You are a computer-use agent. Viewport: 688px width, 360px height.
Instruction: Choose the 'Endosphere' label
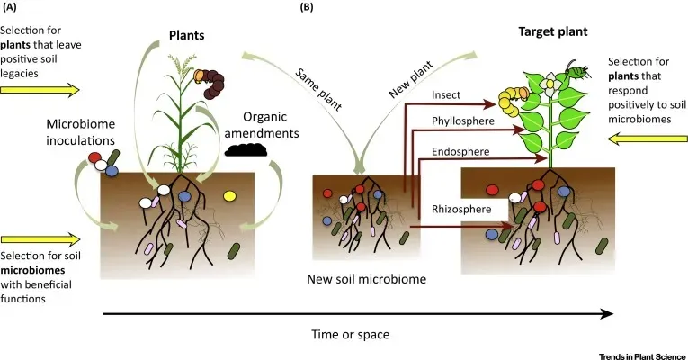(459, 152)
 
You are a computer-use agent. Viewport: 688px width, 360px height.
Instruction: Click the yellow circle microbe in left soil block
(228, 194)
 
